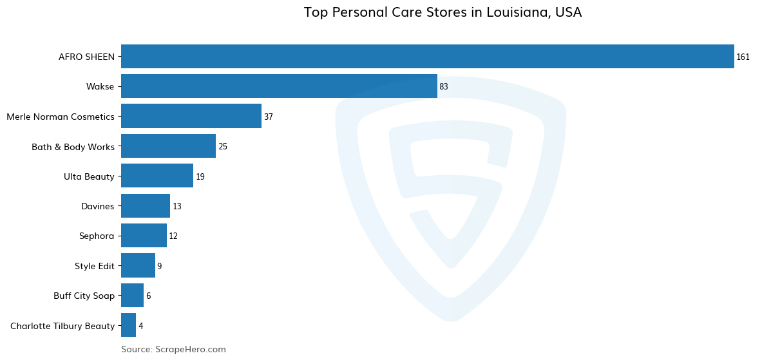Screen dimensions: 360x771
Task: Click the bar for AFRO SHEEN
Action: coord(427,57)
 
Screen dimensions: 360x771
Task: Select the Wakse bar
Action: coord(279,86)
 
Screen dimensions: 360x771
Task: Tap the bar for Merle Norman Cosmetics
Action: coord(191,117)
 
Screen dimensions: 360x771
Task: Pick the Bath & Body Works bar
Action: coord(168,146)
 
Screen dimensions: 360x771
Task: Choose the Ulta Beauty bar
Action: coord(157,176)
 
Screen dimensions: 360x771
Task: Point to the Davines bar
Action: coord(146,206)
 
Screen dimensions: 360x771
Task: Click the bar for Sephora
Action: coord(144,236)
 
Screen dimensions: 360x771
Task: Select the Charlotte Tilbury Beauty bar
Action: coord(128,325)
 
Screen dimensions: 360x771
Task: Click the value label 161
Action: coord(743,57)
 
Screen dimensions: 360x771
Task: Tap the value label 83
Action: coord(444,87)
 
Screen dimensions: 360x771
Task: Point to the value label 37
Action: coord(269,117)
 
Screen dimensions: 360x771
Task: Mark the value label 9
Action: coord(159,266)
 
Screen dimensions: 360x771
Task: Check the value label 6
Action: coord(148,296)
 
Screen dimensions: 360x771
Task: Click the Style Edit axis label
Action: coord(94,266)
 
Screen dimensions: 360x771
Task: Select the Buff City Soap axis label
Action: coord(84,296)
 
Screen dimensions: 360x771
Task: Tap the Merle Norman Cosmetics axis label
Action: coord(61,117)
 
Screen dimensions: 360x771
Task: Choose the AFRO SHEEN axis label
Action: coord(86,57)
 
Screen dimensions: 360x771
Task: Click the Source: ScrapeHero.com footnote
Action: coord(173,350)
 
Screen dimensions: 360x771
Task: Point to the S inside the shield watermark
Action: coord(451,193)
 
